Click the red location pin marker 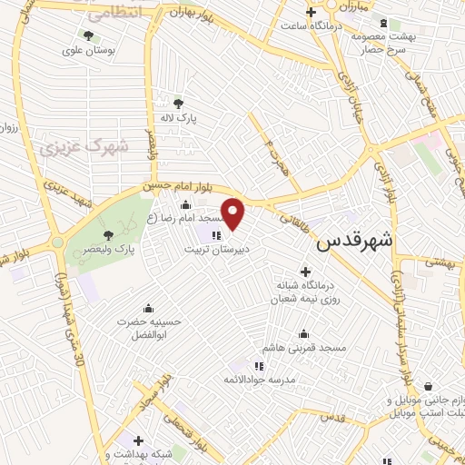(x=233, y=213)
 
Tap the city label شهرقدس (x=355, y=242)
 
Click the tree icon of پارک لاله (x=177, y=103)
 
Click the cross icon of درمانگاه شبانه (x=304, y=272)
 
